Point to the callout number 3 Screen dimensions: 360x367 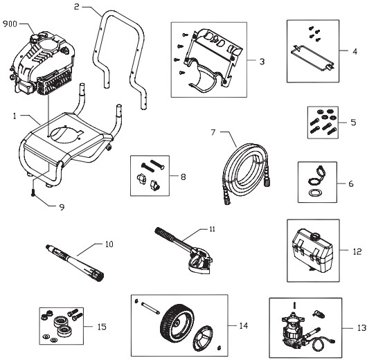pos(262,62)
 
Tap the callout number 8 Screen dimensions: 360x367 pos(183,177)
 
